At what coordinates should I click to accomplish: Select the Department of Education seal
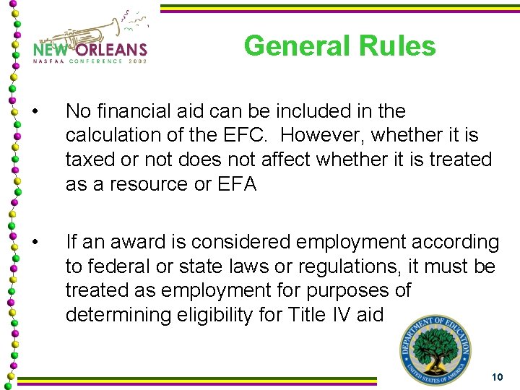(x=435, y=351)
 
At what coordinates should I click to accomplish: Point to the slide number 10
(x=496, y=377)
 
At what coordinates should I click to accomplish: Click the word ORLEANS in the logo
(x=109, y=50)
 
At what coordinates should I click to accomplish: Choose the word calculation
(x=115, y=135)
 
